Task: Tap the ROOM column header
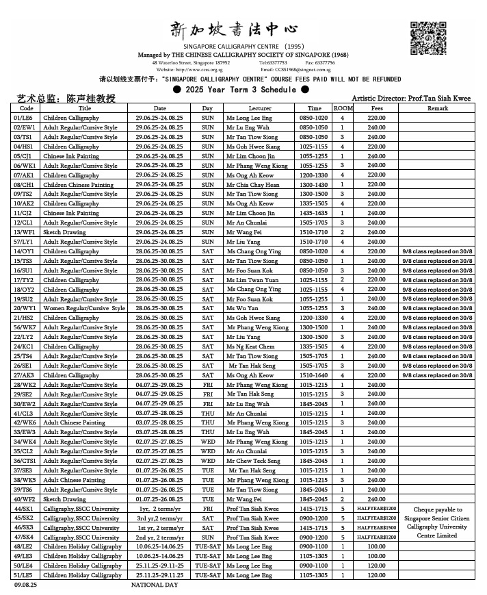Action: [x=343, y=108]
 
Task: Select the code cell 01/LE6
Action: [x=26, y=118]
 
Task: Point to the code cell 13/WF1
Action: [x=26, y=232]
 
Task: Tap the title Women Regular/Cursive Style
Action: [x=84, y=308]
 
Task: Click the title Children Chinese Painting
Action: [x=78, y=185]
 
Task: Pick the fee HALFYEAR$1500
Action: [x=377, y=528]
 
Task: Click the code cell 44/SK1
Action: [x=26, y=509]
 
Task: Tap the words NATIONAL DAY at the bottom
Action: [x=155, y=585]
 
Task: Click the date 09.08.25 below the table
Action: [x=25, y=585]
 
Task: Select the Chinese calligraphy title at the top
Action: [x=234, y=29]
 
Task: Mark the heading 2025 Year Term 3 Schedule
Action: [x=241, y=89]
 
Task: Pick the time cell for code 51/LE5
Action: [x=314, y=575]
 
